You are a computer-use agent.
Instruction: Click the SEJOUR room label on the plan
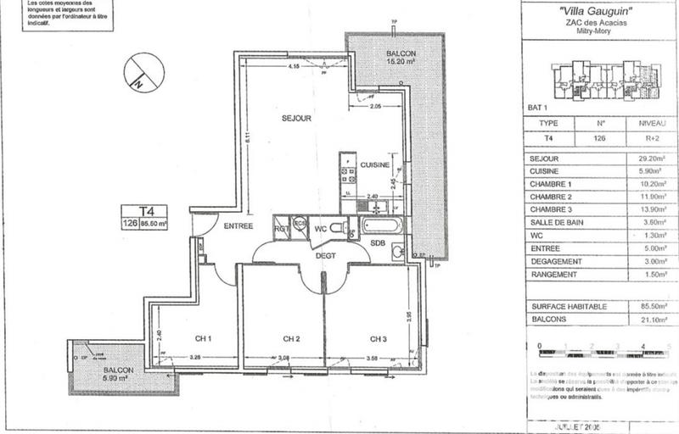click(x=296, y=119)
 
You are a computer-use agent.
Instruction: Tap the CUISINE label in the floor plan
click(x=373, y=164)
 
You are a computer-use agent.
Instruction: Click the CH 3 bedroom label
click(x=378, y=340)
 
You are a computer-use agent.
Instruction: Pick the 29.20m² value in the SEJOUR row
click(x=654, y=158)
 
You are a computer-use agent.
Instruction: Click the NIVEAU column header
click(x=653, y=122)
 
